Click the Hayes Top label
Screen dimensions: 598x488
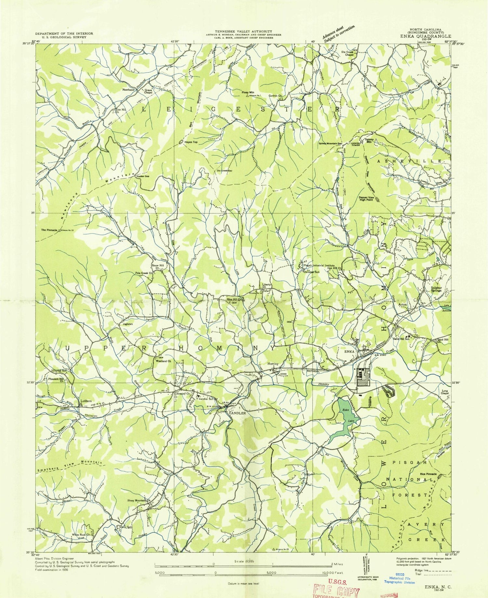click(x=191, y=142)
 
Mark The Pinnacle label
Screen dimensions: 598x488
click(x=49, y=230)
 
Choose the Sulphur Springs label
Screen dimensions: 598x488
click(x=436, y=289)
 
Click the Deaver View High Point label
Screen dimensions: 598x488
click(x=366, y=198)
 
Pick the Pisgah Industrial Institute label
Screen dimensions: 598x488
click(x=319, y=265)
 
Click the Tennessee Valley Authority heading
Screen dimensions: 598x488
click(x=243, y=31)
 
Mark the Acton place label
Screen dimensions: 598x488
click(x=403, y=305)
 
